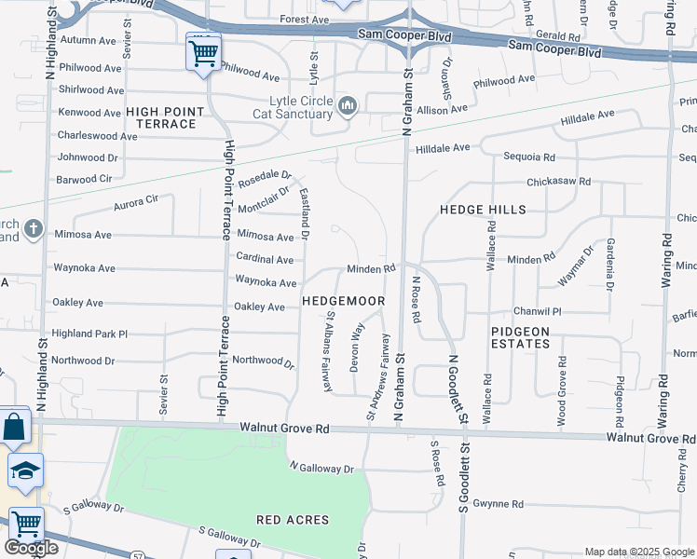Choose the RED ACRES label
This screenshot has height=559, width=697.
pyautogui.click(x=294, y=519)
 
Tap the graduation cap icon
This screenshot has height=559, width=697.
pyautogui.click(x=24, y=470)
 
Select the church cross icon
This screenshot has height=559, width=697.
pyautogui.click(x=34, y=228)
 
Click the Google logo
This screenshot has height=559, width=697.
pyautogui.click(x=31, y=548)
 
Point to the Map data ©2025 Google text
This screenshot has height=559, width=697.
pyautogui.click(x=639, y=552)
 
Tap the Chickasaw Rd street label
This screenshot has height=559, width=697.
pyautogui.click(x=558, y=182)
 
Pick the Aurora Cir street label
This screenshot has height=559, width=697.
pyautogui.click(x=136, y=200)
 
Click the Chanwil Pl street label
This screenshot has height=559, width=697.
pyautogui.click(x=538, y=311)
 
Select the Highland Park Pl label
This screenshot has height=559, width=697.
pyautogui.click(x=89, y=334)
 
